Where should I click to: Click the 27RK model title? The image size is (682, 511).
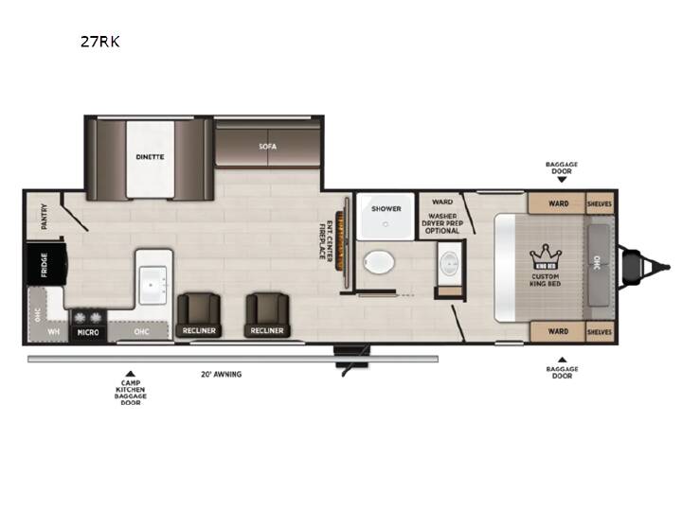[100, 42]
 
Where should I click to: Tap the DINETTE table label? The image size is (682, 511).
[150, 157]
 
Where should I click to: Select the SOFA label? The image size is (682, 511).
[267, 147]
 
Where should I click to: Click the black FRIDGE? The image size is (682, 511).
[46, 264]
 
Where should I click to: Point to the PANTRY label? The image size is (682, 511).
[44, 217]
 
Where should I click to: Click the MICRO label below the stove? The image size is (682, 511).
[88, 332]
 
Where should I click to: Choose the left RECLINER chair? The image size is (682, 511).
[199, 314]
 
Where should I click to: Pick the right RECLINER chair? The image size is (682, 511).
[267, 314]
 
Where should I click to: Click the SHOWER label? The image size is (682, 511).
[386, 209]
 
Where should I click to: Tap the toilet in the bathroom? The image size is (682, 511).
[379, 262]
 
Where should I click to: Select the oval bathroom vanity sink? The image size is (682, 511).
[449, 263]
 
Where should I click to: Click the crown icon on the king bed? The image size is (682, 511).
[546, 256]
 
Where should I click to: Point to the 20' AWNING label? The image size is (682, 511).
[222, 374]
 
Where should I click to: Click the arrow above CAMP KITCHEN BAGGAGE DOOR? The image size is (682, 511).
[130, 374]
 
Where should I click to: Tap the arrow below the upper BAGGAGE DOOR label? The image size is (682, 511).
[562, 179]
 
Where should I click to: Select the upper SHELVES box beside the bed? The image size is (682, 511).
[600, 203]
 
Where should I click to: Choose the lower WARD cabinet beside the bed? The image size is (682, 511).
[558, 331]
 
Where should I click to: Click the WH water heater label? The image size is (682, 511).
[53, 332]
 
